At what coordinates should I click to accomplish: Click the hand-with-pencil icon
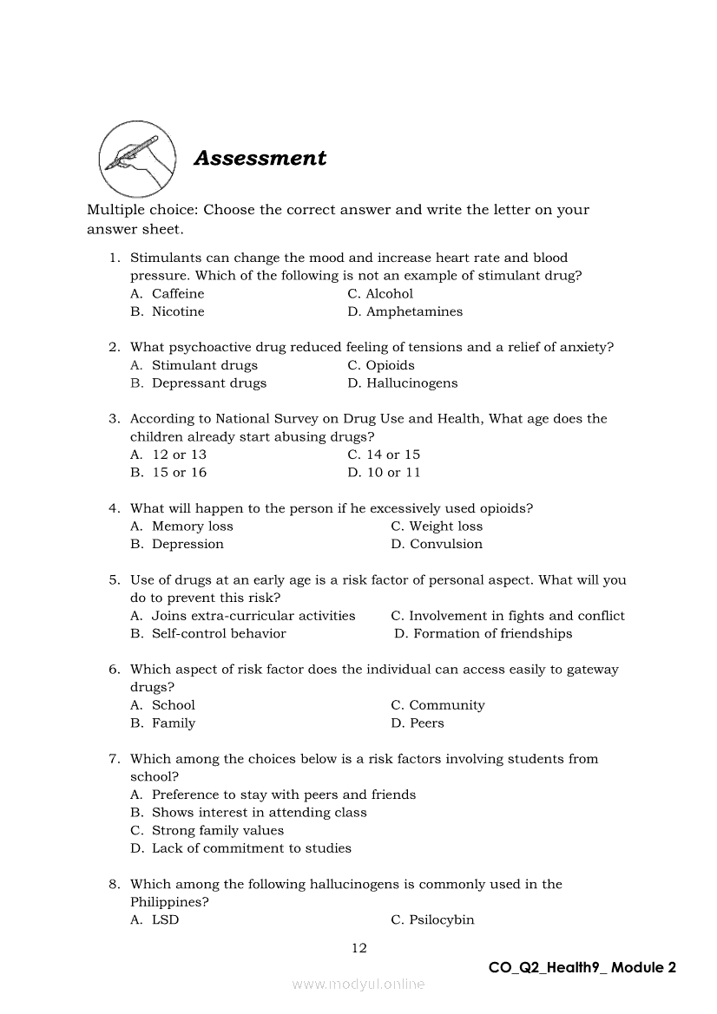click(x=137, y=159)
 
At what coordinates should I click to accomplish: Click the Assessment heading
click(x=260, y=158)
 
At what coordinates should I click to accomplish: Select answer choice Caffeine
click(x=178, y=294)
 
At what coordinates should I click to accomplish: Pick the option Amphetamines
click(x=414, y=312)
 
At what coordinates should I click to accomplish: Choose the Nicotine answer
click(x=178, y=312)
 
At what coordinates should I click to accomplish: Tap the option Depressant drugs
click(x=209, y=383)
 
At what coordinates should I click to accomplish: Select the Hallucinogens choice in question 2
click(x=411, y=383)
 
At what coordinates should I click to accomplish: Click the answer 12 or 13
click(x=179, y=455)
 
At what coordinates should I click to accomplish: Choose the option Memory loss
click(x=192, y=527)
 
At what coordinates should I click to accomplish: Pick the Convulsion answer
click(x=446, y=545)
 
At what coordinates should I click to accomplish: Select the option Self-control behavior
click(x=219, y=634)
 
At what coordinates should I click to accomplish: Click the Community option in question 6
click(x=447, y=705)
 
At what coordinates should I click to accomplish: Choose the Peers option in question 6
click(x=426, y=723)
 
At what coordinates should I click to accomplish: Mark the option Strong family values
click(x=218, y=831)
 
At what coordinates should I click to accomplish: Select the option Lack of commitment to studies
click(x=251, y=848)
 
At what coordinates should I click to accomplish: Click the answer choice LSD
click(x=165, y=920)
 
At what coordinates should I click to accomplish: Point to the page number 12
click(x=358, y=948)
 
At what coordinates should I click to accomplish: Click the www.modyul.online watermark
click(x=358, y=984)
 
